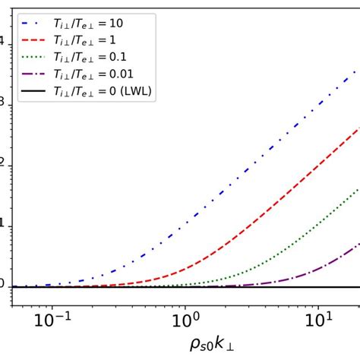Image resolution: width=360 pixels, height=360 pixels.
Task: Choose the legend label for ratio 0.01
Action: point(96,73)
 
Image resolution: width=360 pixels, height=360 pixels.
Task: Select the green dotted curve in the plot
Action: point(304,232)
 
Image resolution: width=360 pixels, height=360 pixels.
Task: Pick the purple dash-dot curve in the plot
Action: point(334,258)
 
